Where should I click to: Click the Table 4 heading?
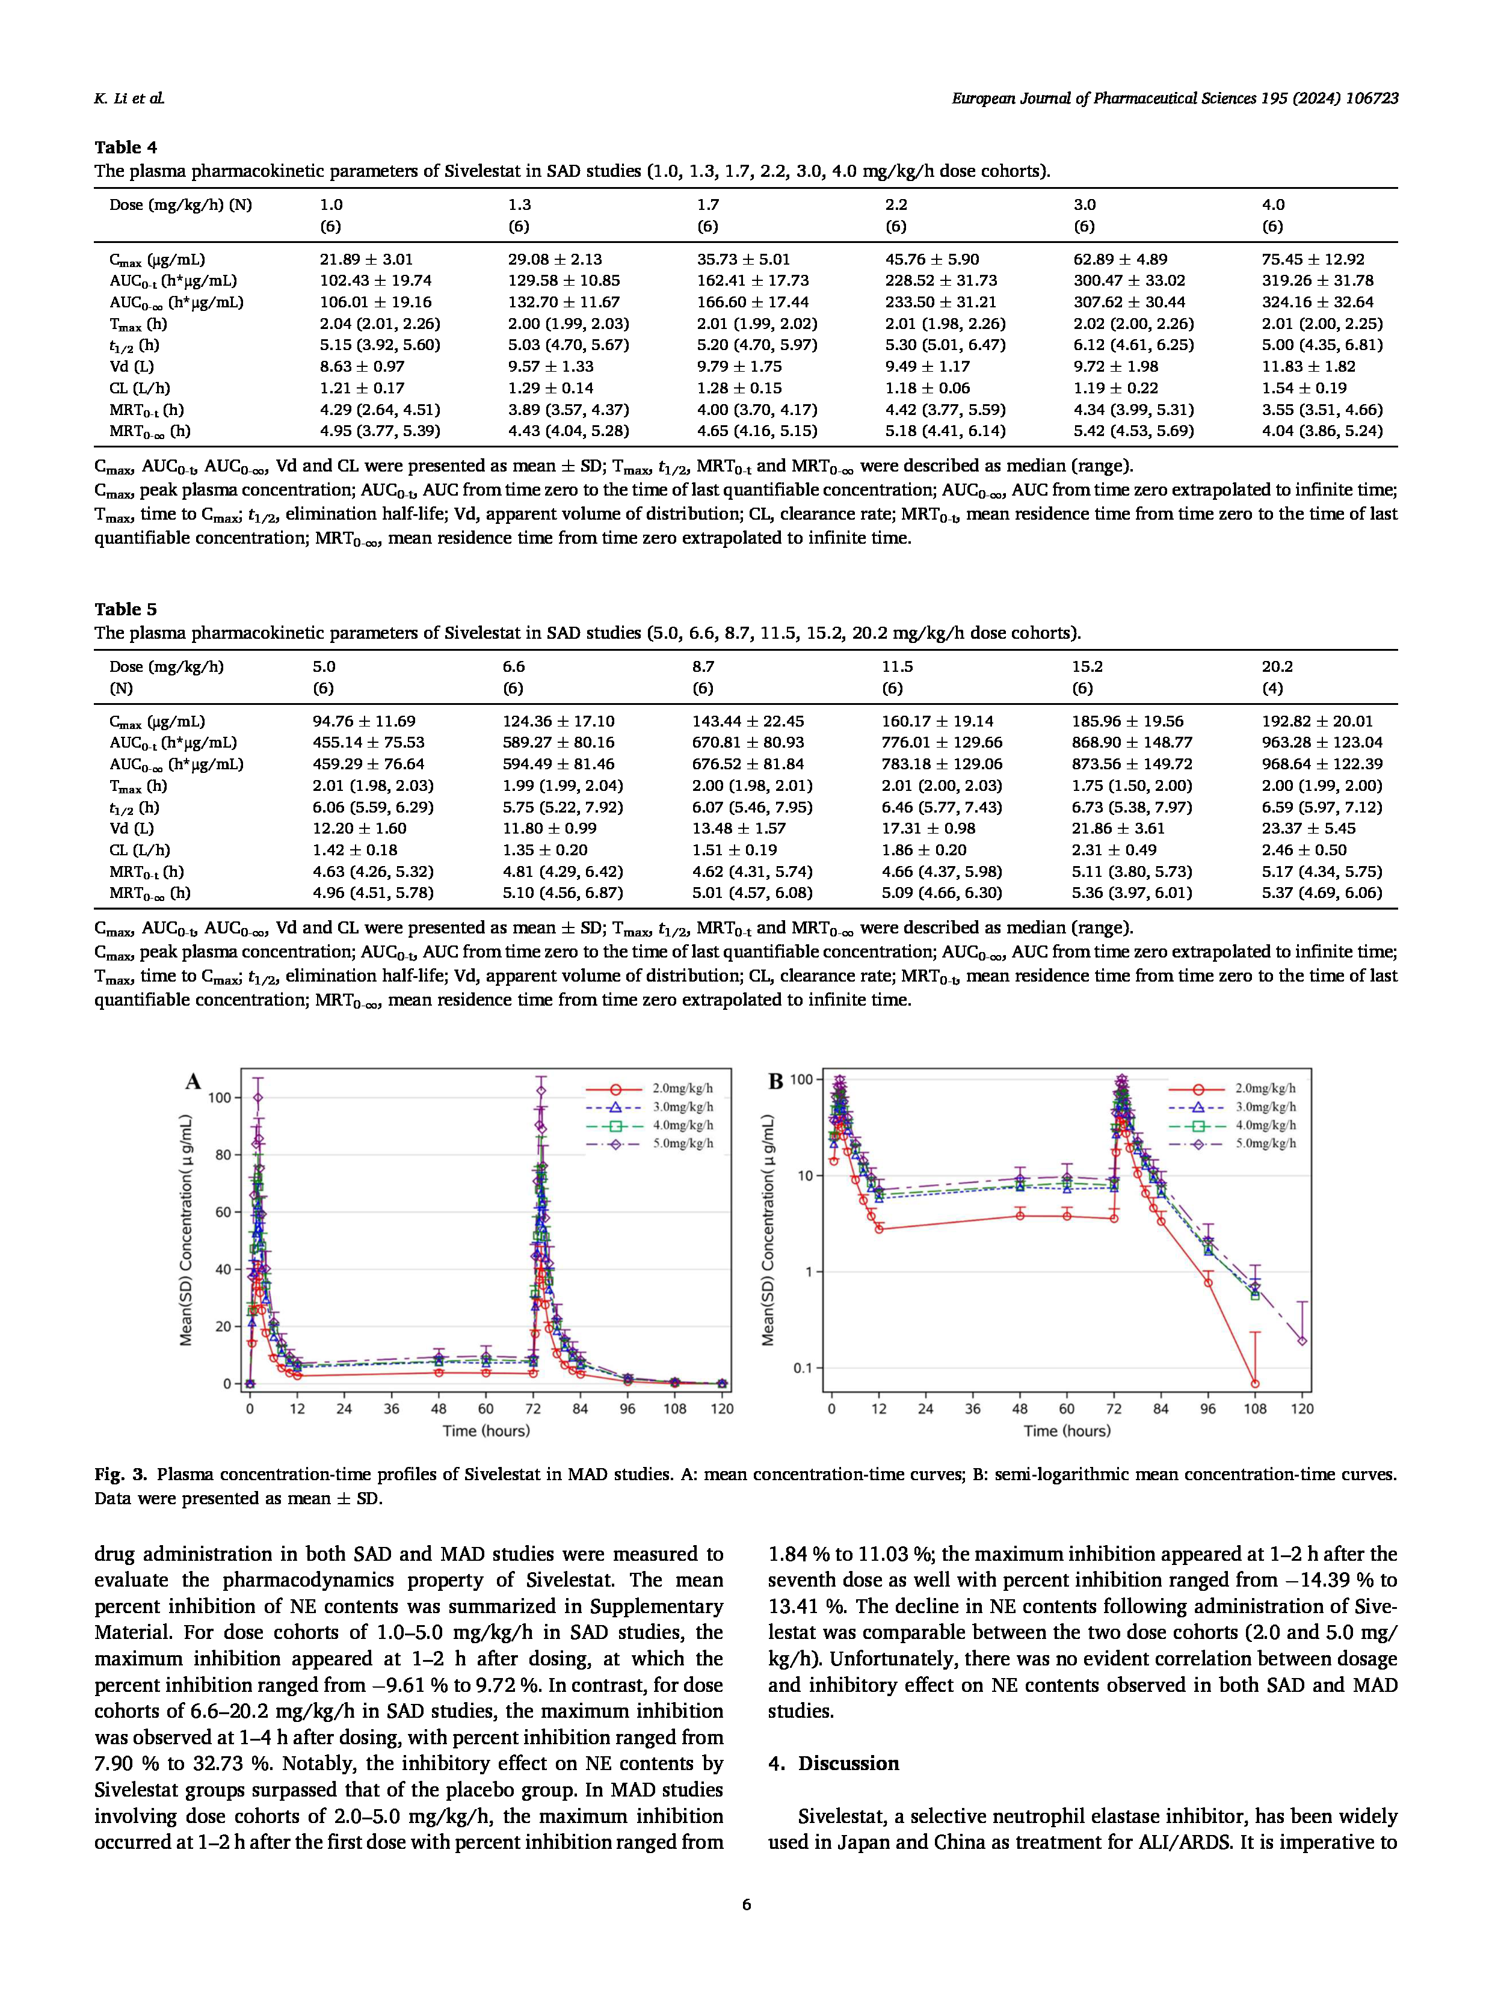pyautogui.click(x=125, y=147)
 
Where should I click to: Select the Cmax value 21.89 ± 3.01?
pyautogui.click(x=366, y=259)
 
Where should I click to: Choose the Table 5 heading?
pyautogui.click(x=125, y=609)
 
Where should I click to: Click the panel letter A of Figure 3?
pyautogui.click(x=193, y=1082)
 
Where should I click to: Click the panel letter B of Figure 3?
pyautogui.click(x=776, y=1082)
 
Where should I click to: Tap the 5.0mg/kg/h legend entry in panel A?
pyautogui.click(x=683, y=1144)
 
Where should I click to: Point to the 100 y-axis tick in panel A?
pyautogui.click(x=220, y=1098)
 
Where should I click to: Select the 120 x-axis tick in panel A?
pyautogui.click(x=721, y=1409)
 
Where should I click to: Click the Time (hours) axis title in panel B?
pyautogui.click(x=1067, y=1431)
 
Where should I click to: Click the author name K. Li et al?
pyautogui.click(x=129, y=99)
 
